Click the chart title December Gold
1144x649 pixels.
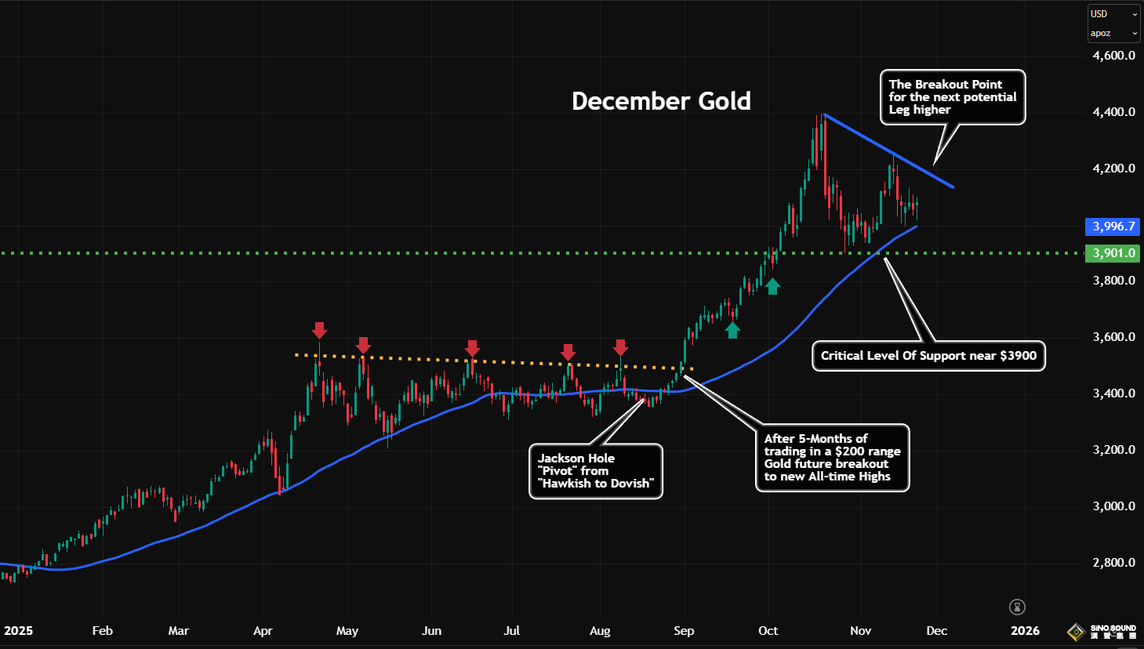point(661,101)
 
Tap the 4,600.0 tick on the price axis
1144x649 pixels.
point(1113,56)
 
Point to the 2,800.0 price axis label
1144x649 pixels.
point(1113,563)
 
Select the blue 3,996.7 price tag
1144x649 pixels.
point(1113,227)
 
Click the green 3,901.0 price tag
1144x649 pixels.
point(1113,253)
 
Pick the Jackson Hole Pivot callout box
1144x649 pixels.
point(596,471)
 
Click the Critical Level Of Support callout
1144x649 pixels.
point(928,356)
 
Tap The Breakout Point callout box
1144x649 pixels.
point(953,97)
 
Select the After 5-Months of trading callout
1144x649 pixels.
point(832,458)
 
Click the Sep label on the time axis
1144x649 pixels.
point(684,631)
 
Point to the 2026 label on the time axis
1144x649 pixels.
point(1025,631)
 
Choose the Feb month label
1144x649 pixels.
point(103,631)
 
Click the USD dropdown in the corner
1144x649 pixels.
point(1113,14)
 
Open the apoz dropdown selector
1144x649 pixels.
point(1113,34)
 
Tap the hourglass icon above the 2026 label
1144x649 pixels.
point(1018,607)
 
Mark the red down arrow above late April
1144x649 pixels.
point(319,330)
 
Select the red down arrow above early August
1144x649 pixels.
point(620,347)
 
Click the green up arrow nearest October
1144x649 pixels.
point(772,286)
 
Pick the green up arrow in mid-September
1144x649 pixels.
point(732,330)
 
